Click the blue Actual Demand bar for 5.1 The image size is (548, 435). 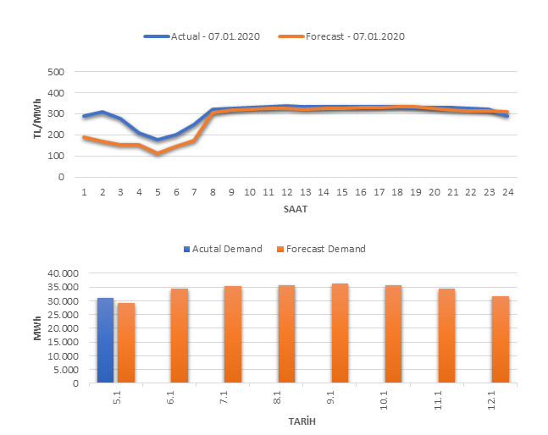pyautogui.click(x=105, y=340)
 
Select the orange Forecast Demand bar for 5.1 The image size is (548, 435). pyautogui.click(x=126, y=343)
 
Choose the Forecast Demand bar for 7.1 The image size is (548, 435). pyautogui.click(x=233, y=334)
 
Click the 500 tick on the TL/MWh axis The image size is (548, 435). pyautogui.click(x=57, y=72)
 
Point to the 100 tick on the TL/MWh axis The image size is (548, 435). pyautogui.click(x=57, y=157)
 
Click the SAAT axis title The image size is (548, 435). pyautogui.click(x=296, y=207)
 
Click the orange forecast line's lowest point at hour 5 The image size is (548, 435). pyautogui.click(x=158, y=154)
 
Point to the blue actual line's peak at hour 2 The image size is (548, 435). pyautogui.click(x=102, y=112)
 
